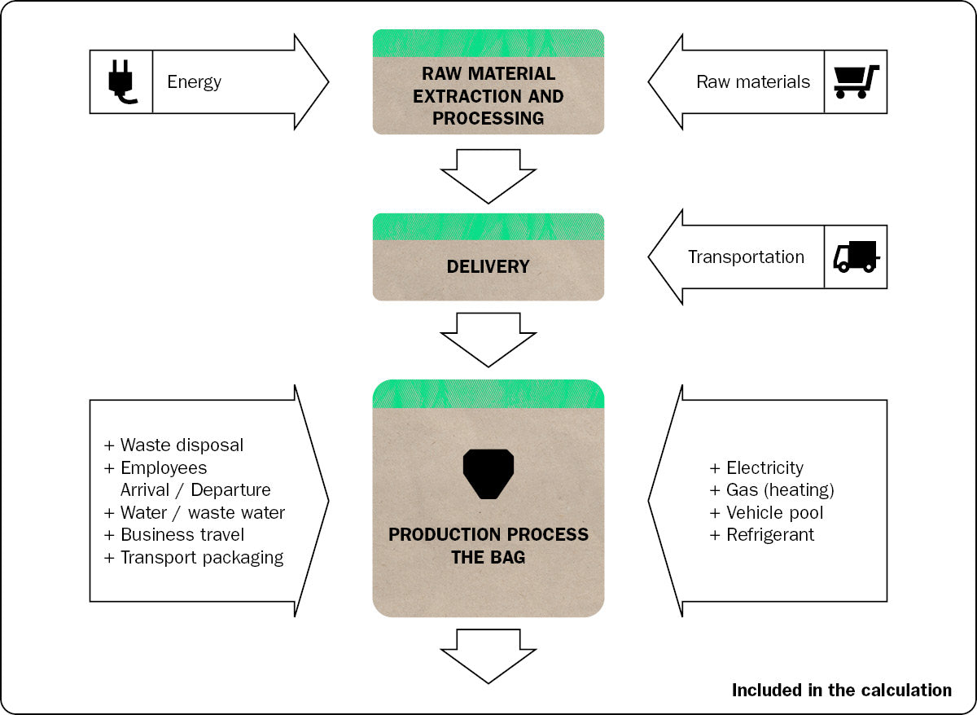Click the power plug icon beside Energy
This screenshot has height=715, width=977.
[120, 81]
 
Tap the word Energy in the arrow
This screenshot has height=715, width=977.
[194, 81]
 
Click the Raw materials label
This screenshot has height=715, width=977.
[753, 81]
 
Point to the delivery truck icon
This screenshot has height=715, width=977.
[856, 257]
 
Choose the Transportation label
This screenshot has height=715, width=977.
[746, 257]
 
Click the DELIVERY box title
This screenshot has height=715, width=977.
[488, 266]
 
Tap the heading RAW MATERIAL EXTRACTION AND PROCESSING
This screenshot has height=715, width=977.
[488, 96]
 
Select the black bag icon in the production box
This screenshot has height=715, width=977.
[488, 473]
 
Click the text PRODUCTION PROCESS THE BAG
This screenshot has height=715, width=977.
[488, 546]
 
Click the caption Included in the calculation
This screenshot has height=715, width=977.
[841, 691]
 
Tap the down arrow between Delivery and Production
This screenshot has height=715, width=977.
[488, 338]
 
